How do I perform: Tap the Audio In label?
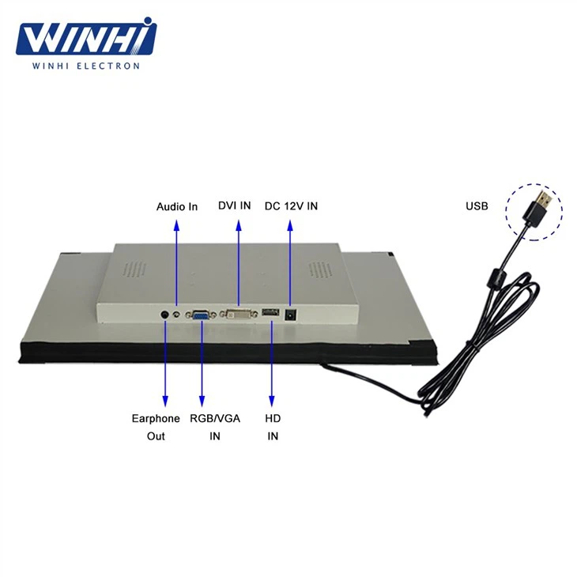pyautogui.click(x=176, y=207)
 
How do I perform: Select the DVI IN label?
pyautogui.click(x=235, y=206)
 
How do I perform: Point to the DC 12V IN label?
pyautogui.click(x=291, y=206)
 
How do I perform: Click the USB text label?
pyautogui.click(x=477, y=207)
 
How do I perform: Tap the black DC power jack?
pyautogui.click(x=291, y=314)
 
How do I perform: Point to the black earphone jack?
pyautogui.click(x=165, y=314)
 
